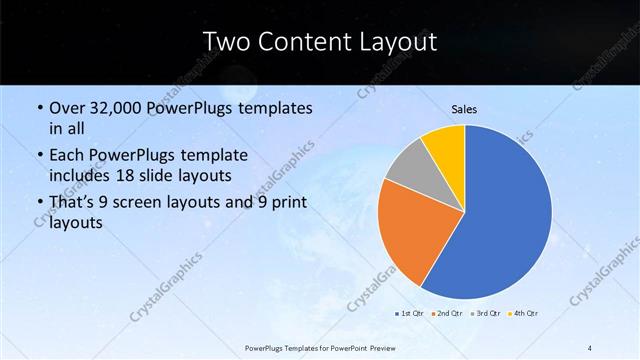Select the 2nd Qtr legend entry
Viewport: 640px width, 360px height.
pyautogui.click(x=447, y=313)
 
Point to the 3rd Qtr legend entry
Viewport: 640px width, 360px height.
pyautogui.click(x=487, y=313)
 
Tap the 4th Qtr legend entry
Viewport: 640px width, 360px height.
pyautogui.click(x=525, y=313)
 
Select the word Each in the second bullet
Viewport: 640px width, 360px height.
pyautogui.click(x=67, y=156)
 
